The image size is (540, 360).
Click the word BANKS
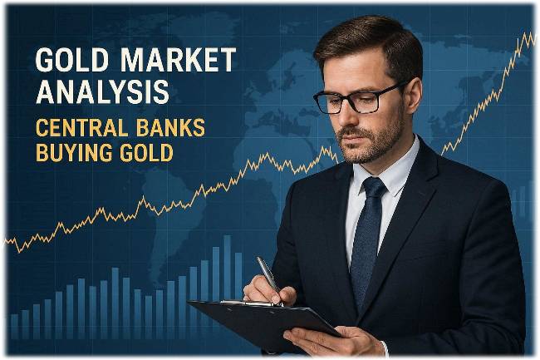tap(173, 130)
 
